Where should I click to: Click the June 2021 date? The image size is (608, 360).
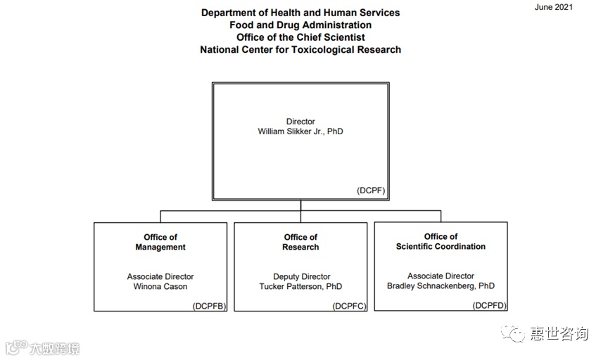pyautogui.click(x=554, y=7)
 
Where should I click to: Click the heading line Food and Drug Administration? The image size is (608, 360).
pyautogui.click(x=300, y=25)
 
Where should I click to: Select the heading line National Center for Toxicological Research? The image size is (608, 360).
pyautogui.click(x=300, y=50)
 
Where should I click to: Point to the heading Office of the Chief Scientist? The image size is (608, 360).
pyautogui.click(x=300, y=37)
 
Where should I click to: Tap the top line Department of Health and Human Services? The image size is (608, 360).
pyautogui.click(x=300, y=13)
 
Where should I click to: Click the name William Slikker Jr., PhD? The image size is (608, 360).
pyautogui.click(x=300, y=131)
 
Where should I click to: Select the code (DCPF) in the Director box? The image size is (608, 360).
pyautogui.click(x=371, y=191)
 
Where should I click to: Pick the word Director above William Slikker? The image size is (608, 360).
pyautogui.click(x=300, y=122)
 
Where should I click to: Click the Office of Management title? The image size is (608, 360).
pyautogui.click(x=160, y=242)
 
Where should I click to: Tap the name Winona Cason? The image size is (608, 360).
pyautogui.click(x=160, y=287)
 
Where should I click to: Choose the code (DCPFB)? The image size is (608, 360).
pyautogui.click(x=209, y=306)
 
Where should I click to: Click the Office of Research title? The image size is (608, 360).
pyautogui.click(x=300, y=242)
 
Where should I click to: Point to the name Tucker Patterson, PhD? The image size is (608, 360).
pyautogui.click(x=300, y=287)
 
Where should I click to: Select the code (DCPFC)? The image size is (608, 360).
pyautogui.click(x=350, y=306)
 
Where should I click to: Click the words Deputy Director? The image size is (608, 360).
pyautogui.click(x=301, y=277)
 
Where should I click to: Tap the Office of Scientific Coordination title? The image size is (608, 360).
pyautogui.click(x=441, y=241)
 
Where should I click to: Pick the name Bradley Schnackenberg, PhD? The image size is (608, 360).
pyautogui.click(x=441, y=286)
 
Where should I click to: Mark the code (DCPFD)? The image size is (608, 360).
pyautogui.click(x=490, y=305)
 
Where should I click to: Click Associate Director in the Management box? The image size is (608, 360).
pyautogui.click(x=160, y=277)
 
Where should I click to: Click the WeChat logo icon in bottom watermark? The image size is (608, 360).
pyautogui.click(x=517, y=333)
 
